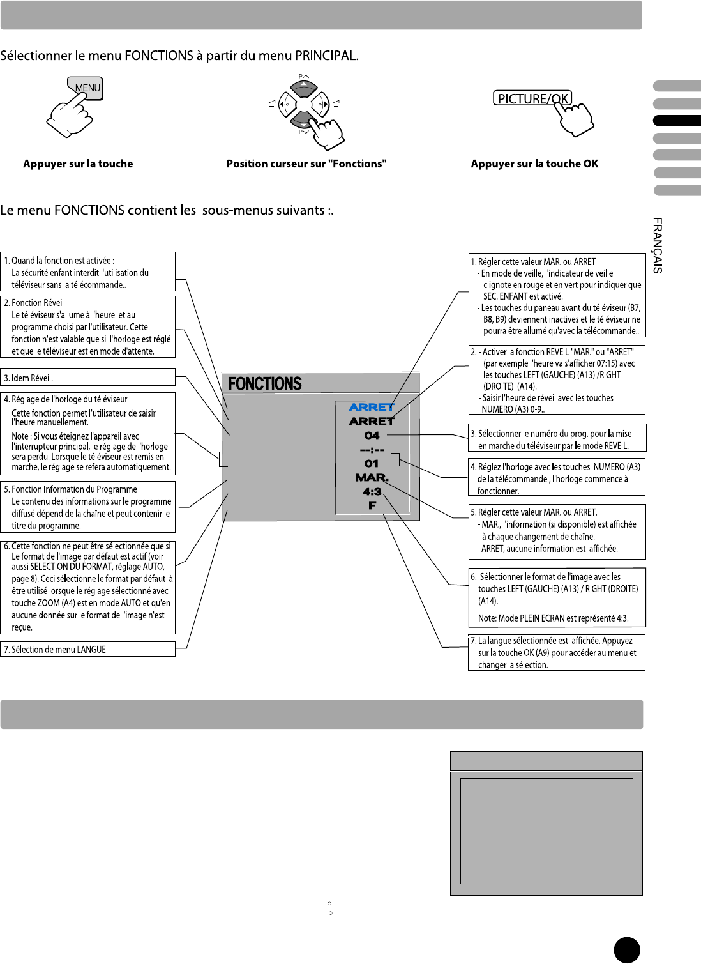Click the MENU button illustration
coord(86,89)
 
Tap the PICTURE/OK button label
coord(532,98)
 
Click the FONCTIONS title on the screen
coord(265,384)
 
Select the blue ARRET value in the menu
coord(372,408)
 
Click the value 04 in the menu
coord(372,436)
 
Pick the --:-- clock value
coord(372,450)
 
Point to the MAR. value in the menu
coord(372,478)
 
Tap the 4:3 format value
coord(372,492)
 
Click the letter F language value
coord(372,506)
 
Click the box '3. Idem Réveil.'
coord(88,378)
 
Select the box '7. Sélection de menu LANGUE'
coord(88,649)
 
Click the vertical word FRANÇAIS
coord(658,246)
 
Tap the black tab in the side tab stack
coord(677,121)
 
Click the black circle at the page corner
coord(627,950)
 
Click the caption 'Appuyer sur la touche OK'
coord(534,164)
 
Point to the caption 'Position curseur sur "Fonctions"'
coord(306,164)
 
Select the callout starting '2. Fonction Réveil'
coord(88,326)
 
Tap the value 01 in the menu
coord(372,464)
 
